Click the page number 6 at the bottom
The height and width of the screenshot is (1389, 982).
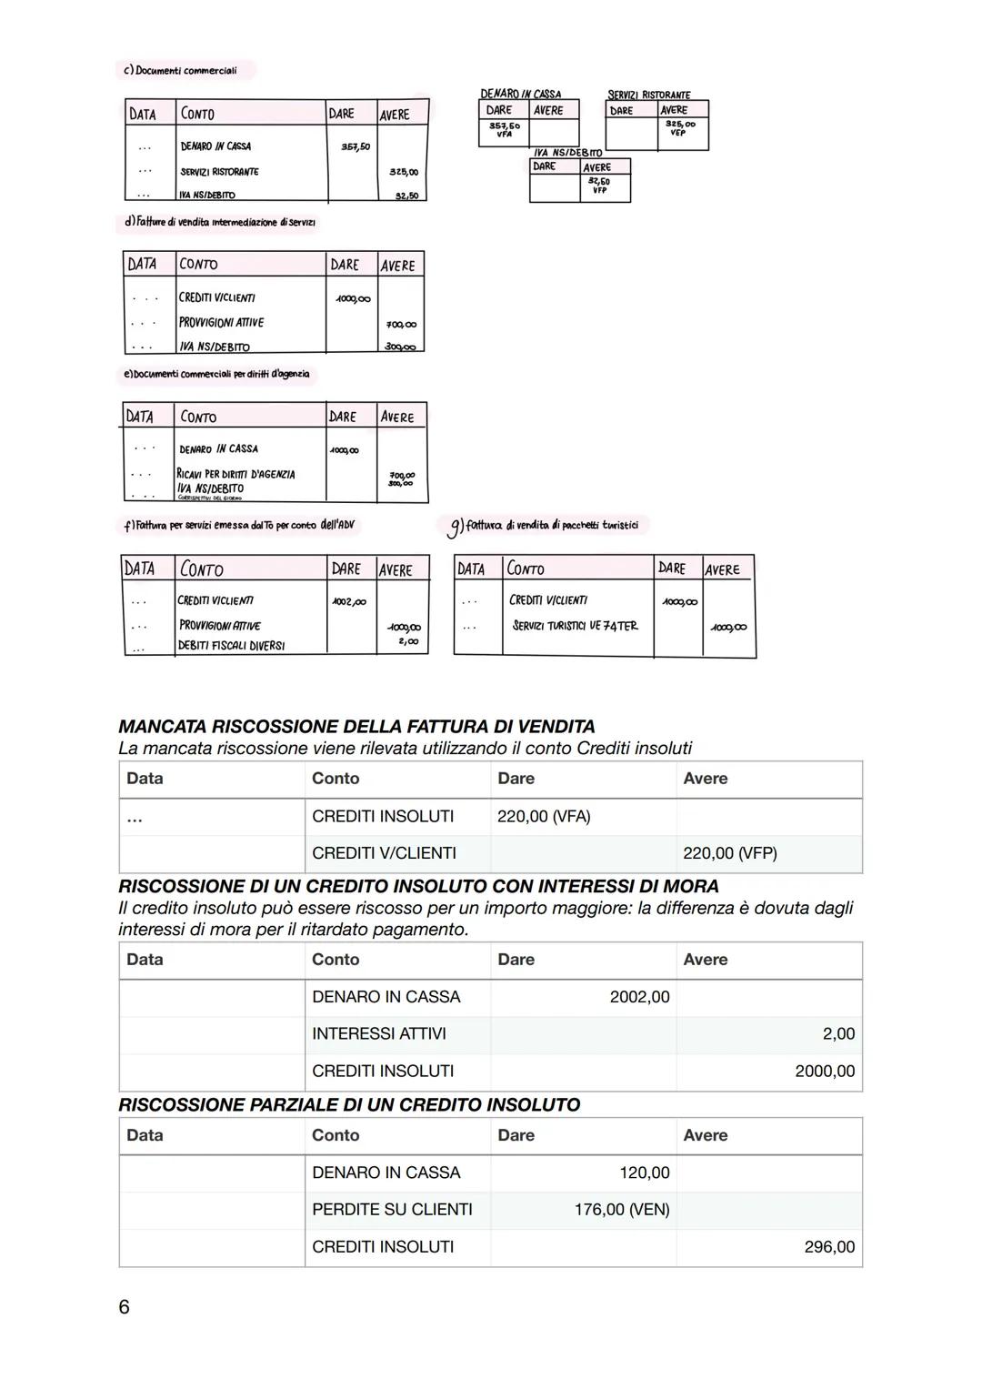pos(124,1307)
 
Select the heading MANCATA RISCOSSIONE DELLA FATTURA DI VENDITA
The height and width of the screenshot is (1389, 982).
pos(356,727)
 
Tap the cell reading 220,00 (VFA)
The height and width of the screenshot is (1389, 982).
pos(544,817)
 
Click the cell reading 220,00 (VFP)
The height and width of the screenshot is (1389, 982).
pos(729,853)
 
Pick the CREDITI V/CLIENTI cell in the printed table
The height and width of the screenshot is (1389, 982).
pos(384,853)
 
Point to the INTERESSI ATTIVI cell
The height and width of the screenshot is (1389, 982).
pos(378,1034)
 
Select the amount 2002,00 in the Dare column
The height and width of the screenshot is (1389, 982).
pos(639,997)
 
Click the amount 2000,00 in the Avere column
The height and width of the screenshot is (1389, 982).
pos(824,1072)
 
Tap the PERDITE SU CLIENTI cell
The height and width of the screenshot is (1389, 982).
pos(392,1210)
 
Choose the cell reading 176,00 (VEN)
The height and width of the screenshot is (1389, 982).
pos(622,1210)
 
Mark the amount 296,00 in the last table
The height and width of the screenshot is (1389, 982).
pos(828,1247)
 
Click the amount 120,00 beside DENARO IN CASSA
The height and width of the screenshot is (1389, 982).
pos(644,1173)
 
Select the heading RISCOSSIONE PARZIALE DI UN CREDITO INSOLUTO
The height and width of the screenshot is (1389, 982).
pos(349,1105)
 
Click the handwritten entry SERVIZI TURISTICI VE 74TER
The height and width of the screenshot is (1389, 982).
pos(575,626)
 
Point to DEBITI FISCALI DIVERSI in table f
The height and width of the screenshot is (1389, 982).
pos(231,646)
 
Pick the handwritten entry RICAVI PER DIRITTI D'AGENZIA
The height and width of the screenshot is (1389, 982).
pos(236,474)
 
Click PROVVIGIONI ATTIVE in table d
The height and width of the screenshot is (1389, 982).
pos(221,323)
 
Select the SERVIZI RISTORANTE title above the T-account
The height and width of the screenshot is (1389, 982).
pos(648,95)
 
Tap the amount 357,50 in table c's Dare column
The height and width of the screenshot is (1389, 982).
pos(355,146)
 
